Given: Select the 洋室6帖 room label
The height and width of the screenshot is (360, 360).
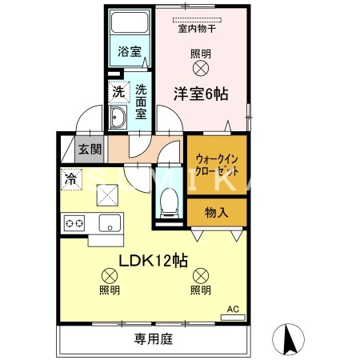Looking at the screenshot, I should click(201, 94).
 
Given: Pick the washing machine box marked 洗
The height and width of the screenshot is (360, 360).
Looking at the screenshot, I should click(118, 91).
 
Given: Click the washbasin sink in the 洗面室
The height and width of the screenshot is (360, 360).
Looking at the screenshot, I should click(118, 120).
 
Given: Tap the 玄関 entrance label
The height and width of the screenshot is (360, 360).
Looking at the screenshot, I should click(90, 148).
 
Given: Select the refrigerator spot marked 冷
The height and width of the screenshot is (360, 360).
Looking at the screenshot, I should click(70, 179).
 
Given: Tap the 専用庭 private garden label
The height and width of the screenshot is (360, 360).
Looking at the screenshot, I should click(153, 339).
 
